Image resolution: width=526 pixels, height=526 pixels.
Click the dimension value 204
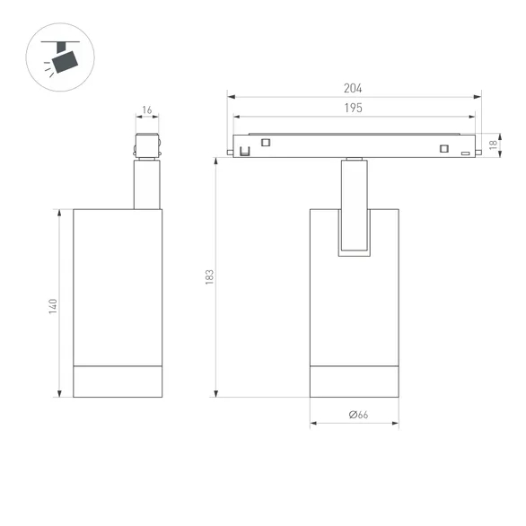[x=353, y=88]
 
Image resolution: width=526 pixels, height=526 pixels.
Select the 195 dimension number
[x=353, y=108]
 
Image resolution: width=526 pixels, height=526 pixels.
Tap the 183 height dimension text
[x=208, y=277]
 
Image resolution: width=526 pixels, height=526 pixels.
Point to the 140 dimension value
[x=53, y=305]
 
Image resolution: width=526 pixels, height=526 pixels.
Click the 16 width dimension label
[x=147, y=111]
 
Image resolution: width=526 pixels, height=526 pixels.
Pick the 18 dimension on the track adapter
[x=493, y=145]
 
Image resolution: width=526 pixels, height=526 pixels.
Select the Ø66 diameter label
[x=356, y=414]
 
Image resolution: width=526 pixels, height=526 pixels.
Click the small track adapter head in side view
[x=147, y=147]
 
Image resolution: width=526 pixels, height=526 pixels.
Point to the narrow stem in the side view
[x=147, y=184]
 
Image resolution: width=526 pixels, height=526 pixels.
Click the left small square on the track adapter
[x=266, y=141]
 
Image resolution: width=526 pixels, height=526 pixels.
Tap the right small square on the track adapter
[x=443, y=149]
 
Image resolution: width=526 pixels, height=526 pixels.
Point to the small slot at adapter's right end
[x=465, y=155]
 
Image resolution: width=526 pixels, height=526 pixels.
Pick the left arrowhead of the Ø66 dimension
[x=313, y=423]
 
